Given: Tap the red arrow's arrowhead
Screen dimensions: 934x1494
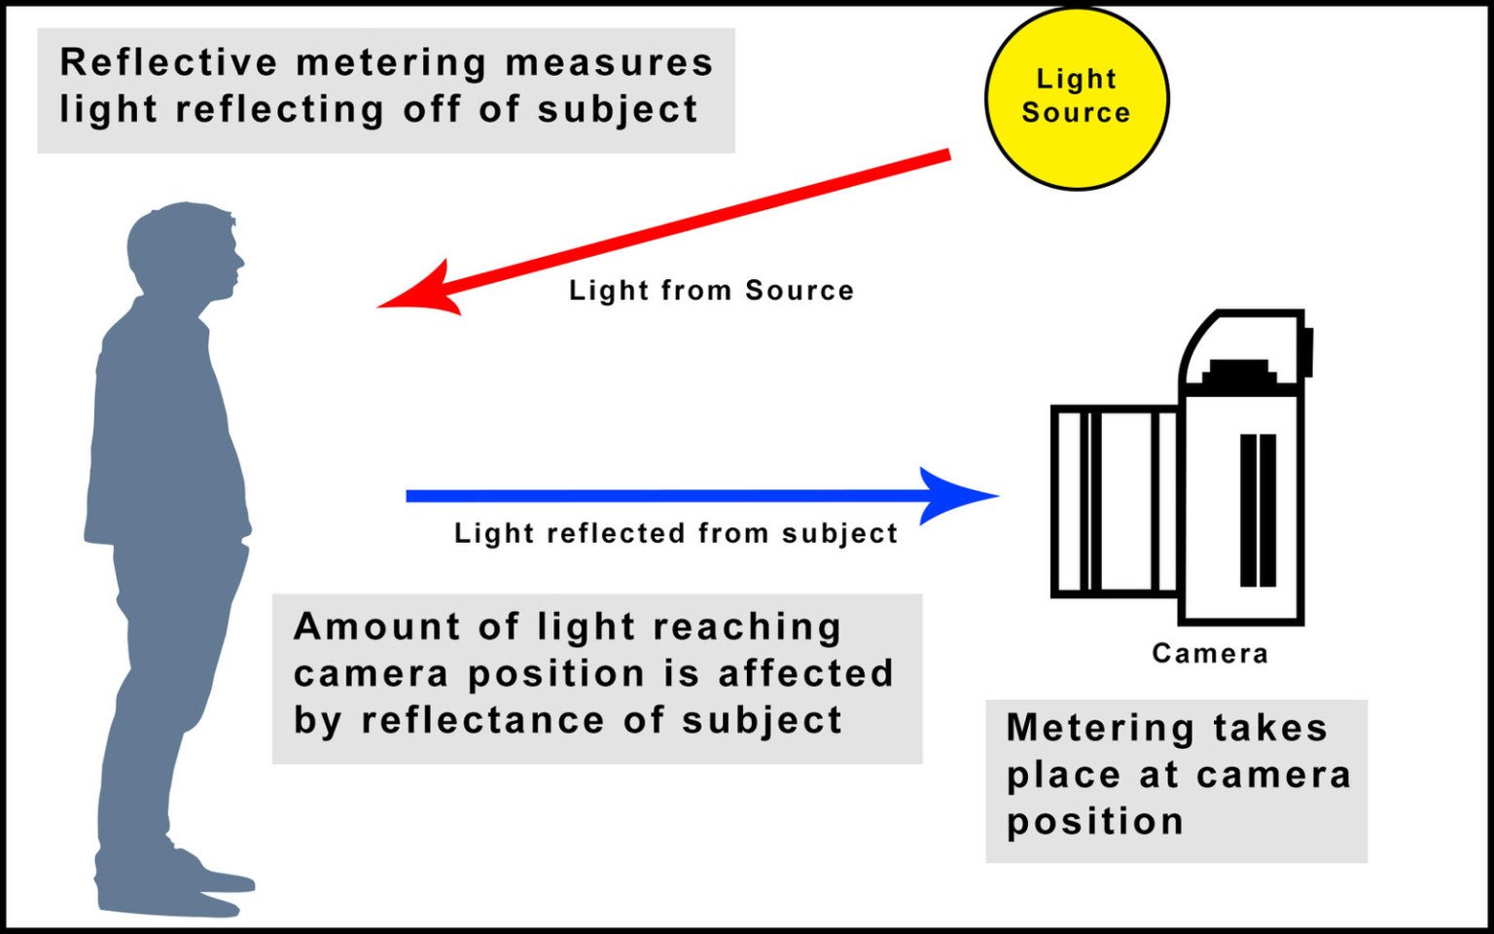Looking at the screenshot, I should pyautogui.click(x=424, y=291).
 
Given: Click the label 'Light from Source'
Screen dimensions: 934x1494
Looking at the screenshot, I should pyautogui.click(x=711, y=290).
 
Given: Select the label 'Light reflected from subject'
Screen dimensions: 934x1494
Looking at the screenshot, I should pyautogui.click(x=675, y=533).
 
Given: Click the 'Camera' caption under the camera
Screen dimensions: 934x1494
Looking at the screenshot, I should pyautogui.click(x=1209, y=653).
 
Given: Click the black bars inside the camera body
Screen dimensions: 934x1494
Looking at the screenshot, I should pyautogui.click(x=1257, y=510).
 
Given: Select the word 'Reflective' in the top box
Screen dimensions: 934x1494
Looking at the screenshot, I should pyautogui.click(x=168, y=62).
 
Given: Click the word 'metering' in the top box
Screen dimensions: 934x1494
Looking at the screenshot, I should pyautogui.click(x=390, y=62).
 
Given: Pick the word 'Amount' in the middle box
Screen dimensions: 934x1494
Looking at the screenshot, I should pyautogui.click(x=376, y=626).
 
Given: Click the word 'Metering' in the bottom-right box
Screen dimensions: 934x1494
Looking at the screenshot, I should pyautogui.click(x=1086, y=728).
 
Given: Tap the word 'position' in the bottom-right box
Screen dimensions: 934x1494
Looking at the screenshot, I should pyautogui.click(x=1094, y=822).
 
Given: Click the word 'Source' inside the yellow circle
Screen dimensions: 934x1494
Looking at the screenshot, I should pyautogui.click(x=1076, y=112).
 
